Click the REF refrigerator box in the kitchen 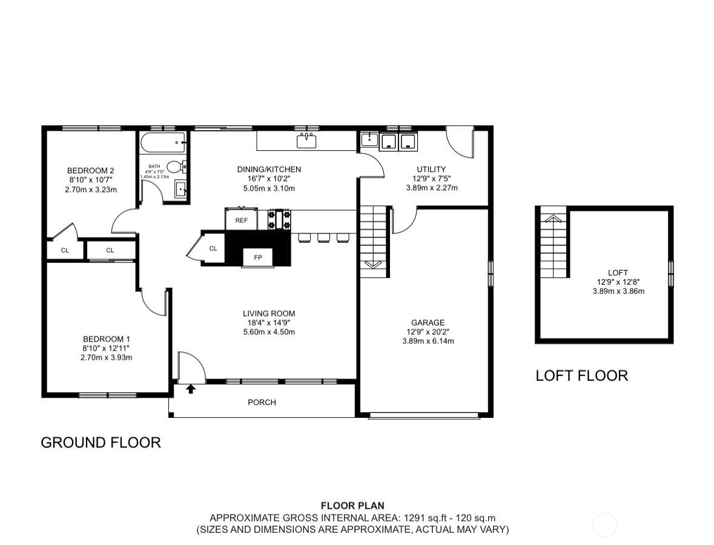241,220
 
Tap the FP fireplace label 258,257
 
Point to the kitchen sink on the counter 306,142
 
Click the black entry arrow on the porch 191,388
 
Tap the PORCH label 262,402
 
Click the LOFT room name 618,273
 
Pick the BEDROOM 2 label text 91,170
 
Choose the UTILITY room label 431,169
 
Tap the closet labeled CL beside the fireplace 213,248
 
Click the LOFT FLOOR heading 581,375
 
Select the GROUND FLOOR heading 101,443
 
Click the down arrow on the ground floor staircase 372,264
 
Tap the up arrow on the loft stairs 552,219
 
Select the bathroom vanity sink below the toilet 181,190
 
